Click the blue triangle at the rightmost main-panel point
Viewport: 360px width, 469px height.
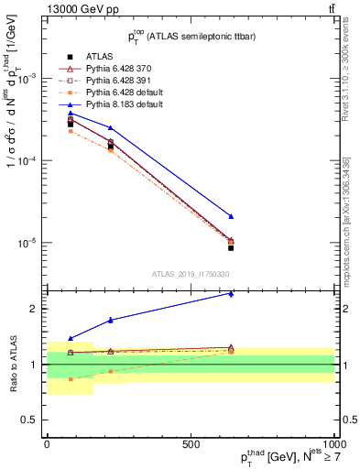(231, 216)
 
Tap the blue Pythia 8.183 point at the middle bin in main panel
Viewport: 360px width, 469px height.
(111, 128)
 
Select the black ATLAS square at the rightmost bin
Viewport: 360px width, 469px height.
(231, 247)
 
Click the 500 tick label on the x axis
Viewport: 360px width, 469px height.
(191, 443)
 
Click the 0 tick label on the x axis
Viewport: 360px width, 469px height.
(47, 443)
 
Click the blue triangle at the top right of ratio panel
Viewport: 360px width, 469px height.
(231, 294)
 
